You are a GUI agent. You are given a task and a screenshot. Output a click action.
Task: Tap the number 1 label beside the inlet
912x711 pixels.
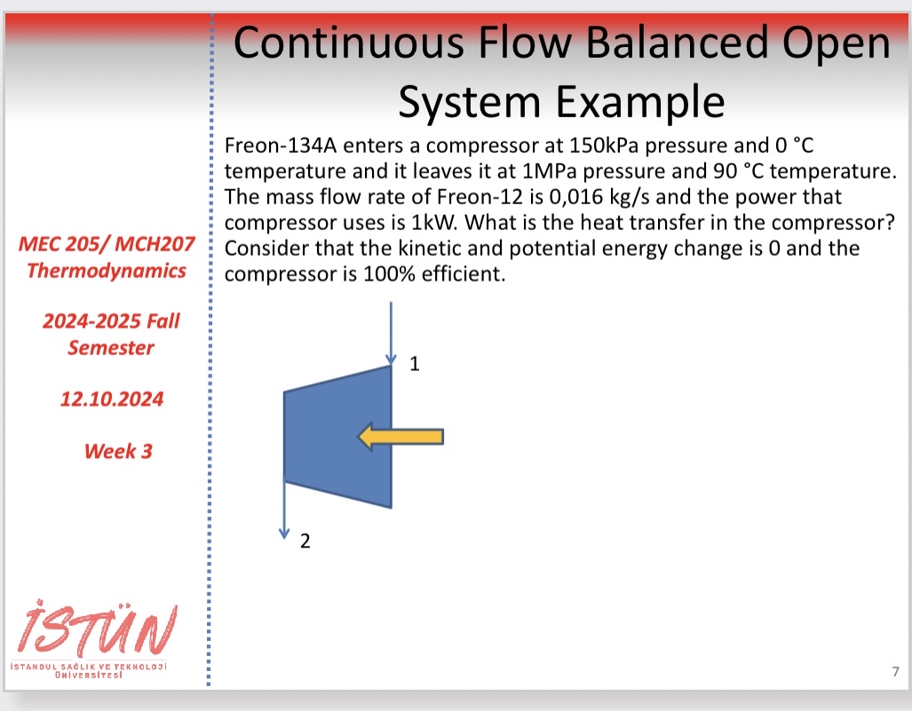414,363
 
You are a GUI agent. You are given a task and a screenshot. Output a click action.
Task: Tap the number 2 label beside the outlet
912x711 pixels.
305,541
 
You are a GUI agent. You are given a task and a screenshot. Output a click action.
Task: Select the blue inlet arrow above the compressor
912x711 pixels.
390,333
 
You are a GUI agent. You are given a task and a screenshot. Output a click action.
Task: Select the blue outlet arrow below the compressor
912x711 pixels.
284,510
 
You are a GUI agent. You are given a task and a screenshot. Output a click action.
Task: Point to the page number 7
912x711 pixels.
895,671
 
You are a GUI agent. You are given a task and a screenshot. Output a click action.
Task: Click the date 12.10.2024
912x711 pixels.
112,399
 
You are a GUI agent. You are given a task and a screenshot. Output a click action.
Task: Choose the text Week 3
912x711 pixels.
118,451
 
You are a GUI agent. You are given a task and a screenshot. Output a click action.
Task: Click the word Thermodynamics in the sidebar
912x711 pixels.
107,270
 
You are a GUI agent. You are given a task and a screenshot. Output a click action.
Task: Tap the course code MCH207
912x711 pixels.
158,244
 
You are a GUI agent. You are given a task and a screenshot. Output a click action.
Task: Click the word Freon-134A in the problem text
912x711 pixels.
272,144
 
